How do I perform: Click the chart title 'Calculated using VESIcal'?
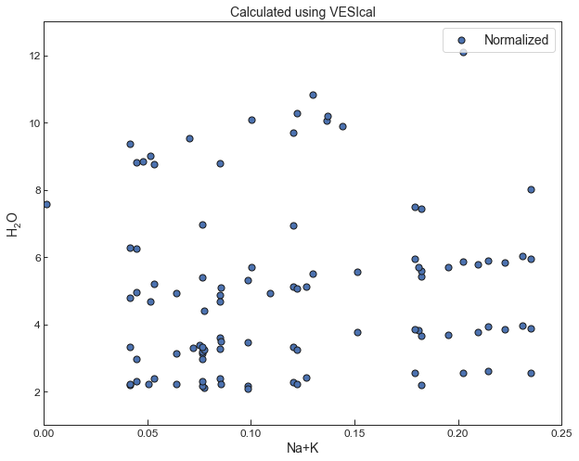point(302,12)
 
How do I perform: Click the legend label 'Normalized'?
point(516,40)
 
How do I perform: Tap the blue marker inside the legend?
point(462,40)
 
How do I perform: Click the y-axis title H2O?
point(13,224)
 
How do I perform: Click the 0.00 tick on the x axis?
point(43,432)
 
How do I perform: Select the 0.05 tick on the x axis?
point(147,432)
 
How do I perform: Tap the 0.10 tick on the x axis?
point(251,432)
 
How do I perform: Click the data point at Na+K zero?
point(46,204)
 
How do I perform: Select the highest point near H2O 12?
point(464,52)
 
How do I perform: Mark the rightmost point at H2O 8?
point(531,189)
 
